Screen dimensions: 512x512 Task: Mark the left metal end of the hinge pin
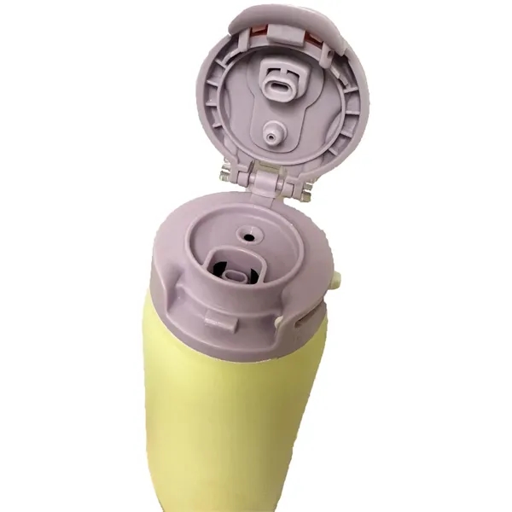point(224,174)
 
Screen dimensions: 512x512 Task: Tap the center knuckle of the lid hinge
point(266,179)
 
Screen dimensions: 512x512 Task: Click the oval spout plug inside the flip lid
point(281,85)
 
